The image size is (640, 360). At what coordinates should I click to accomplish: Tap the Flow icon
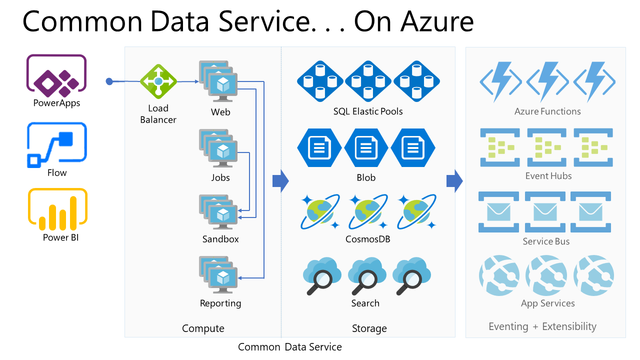[x=56, y=144]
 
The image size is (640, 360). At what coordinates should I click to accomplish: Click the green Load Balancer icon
[x=158, y=80]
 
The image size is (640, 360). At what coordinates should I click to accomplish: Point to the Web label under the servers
[x=220, y=112]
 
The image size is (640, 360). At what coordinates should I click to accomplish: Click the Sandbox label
[x=220, y=239]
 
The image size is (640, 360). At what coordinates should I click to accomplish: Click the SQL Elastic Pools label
[x=368, y=111]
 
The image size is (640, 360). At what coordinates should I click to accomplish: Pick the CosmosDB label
[x=367, y=239]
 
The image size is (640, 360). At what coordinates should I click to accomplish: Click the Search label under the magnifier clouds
[x=365, y=303]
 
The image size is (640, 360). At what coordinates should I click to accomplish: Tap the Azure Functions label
[x=547, y=111]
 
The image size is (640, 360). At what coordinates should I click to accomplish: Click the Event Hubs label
[x=548, y=176]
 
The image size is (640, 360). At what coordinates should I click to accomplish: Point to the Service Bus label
[x=546, y=241]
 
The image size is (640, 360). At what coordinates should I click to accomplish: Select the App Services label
[x=547, y=303]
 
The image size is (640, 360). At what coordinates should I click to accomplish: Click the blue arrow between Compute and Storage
[x=280, y=181]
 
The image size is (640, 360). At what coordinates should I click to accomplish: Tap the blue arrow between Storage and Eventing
[x=454, y=181]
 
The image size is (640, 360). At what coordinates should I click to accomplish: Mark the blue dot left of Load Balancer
[x=109, y=81]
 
